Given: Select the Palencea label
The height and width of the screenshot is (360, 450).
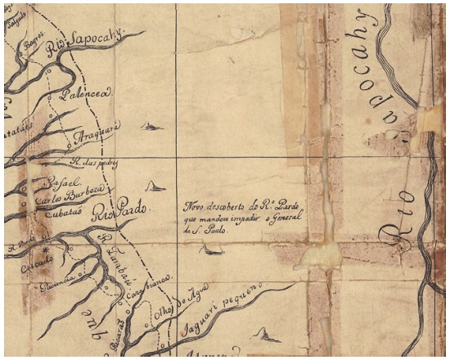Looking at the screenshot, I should coord(91,94).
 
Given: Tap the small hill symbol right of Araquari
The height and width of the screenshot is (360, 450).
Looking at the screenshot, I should coord(151,125).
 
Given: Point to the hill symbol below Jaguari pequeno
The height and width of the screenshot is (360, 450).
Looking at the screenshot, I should coord(264,334).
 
